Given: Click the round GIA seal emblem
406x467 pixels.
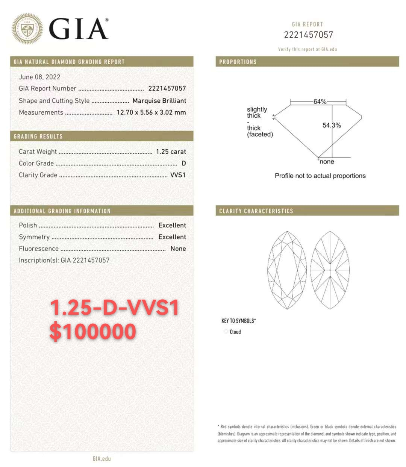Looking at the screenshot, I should [27, 29].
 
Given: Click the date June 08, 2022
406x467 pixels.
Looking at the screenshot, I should [39, 77].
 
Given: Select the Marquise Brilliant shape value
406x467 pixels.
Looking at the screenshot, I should [159, 101].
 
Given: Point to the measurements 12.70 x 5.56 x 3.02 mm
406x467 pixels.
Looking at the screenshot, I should [151, 112].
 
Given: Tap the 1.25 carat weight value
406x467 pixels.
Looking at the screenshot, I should [171, 152].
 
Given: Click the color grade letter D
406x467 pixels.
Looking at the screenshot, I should [183, 164].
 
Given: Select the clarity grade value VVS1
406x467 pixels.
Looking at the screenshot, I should [178, 175].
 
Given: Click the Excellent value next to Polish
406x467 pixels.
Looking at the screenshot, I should [172, 226].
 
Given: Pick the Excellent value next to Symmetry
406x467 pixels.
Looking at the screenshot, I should [172, 237].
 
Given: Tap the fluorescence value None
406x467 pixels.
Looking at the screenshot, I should [178, 249].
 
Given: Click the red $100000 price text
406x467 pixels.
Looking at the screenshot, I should [93, 332].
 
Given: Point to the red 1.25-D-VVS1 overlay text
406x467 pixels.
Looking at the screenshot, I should [114, 308].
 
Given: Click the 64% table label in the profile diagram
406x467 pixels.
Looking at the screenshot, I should [320, 102].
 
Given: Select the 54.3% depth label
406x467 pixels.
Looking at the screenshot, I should [332, 125].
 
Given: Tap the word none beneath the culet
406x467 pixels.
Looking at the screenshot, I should [327, 162].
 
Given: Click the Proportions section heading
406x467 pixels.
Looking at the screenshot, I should [238, 62].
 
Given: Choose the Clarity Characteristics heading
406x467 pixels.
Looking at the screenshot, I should [256, 211].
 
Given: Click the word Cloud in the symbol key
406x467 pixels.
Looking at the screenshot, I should [235, 332].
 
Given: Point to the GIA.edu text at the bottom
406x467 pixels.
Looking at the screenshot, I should [101, 459].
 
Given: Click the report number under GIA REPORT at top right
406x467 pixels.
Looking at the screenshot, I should [308, 35].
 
